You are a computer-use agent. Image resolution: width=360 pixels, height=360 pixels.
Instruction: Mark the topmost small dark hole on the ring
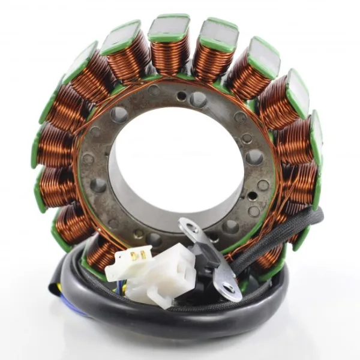pos(181,95)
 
